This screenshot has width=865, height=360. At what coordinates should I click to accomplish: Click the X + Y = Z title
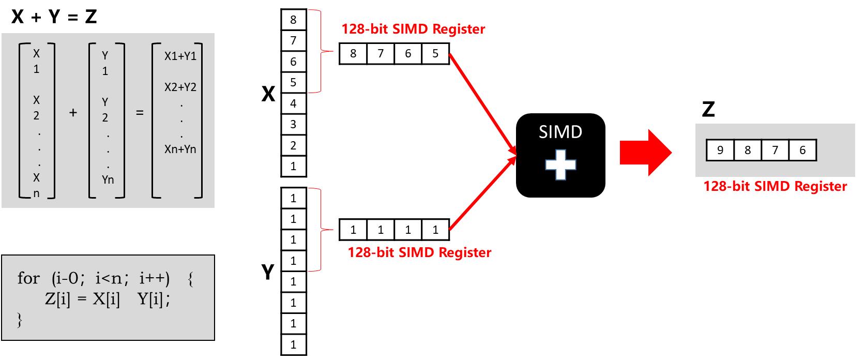click(x=54, y=17)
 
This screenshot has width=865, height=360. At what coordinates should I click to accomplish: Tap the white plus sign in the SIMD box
click(x=560, y=165)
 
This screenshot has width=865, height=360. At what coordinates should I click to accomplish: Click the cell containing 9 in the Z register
click(x=720, y=151)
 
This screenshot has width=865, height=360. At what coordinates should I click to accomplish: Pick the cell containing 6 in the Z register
click(x=802, y=151)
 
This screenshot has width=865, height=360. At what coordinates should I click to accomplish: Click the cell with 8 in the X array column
click(x=293, y=20)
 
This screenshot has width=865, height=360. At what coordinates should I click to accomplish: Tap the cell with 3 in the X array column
click(x=293, y=124)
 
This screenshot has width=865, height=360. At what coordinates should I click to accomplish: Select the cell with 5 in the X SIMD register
click(x=435, y=54)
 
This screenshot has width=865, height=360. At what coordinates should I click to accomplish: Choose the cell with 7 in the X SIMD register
click(x=381, y=54)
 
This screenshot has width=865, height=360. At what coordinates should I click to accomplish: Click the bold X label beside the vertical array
click(x=268, y=95)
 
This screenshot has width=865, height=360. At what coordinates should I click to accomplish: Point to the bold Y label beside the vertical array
click(x=268, y=272)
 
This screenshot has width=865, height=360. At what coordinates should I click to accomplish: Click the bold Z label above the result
click(x=708, y=109)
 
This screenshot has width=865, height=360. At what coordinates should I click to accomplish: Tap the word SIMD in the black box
click(x=560, y=132)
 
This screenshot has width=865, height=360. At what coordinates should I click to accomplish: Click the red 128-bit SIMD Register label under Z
click(x=775, y=186)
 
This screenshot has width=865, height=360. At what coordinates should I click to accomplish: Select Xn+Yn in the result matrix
click(x=180, y=149)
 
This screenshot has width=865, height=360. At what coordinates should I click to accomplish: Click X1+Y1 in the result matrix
click(x=180, y=56)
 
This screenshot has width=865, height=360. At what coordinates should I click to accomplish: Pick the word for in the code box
click(x=28, y=278)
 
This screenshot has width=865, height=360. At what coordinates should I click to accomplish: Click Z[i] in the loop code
click(x=57, y=299)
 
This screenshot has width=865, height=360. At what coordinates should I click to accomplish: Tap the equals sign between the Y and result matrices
click(x=139, y=112)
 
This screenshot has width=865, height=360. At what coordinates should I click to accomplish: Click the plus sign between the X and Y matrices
click(x=73, y=112)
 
